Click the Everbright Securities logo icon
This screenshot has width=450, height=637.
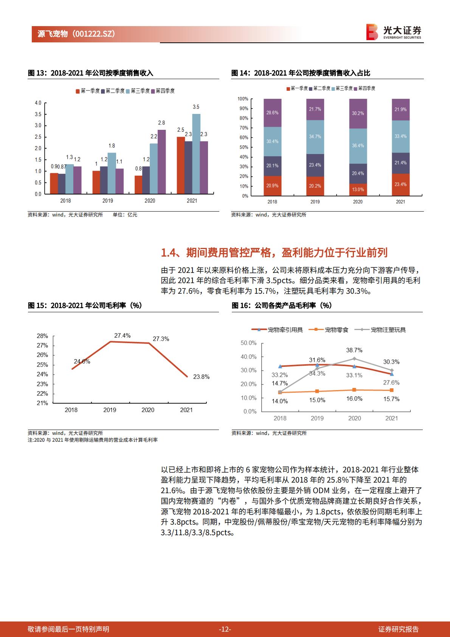tap(372, 32)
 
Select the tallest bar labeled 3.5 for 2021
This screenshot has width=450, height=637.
tap(196, 154)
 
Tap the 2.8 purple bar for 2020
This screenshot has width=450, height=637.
tap(161, 162)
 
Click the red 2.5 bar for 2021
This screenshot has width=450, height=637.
tap(181, 165)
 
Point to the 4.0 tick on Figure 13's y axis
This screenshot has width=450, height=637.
tap(38, 103)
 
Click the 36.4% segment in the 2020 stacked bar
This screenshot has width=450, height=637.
tap(358, 146)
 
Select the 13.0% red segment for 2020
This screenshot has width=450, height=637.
tap(358, 189)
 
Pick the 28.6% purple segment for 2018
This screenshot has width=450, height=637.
tap(272, 113)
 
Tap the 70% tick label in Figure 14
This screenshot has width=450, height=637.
tap(244, 128)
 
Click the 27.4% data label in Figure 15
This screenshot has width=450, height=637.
tap(123, 336)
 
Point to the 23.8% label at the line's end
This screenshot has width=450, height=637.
tap(201, 377)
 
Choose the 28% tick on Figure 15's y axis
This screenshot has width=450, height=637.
tap(42, 336)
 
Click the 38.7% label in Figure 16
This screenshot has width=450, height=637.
tap(354, 350)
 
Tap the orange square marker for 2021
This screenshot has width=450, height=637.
tap(391, 390)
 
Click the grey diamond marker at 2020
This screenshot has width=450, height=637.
tap(354, 358)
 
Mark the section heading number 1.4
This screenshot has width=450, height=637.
tap(169, 252)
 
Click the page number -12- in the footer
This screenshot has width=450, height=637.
tap(225, 629)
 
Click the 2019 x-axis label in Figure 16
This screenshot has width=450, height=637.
tap(317, 418)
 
